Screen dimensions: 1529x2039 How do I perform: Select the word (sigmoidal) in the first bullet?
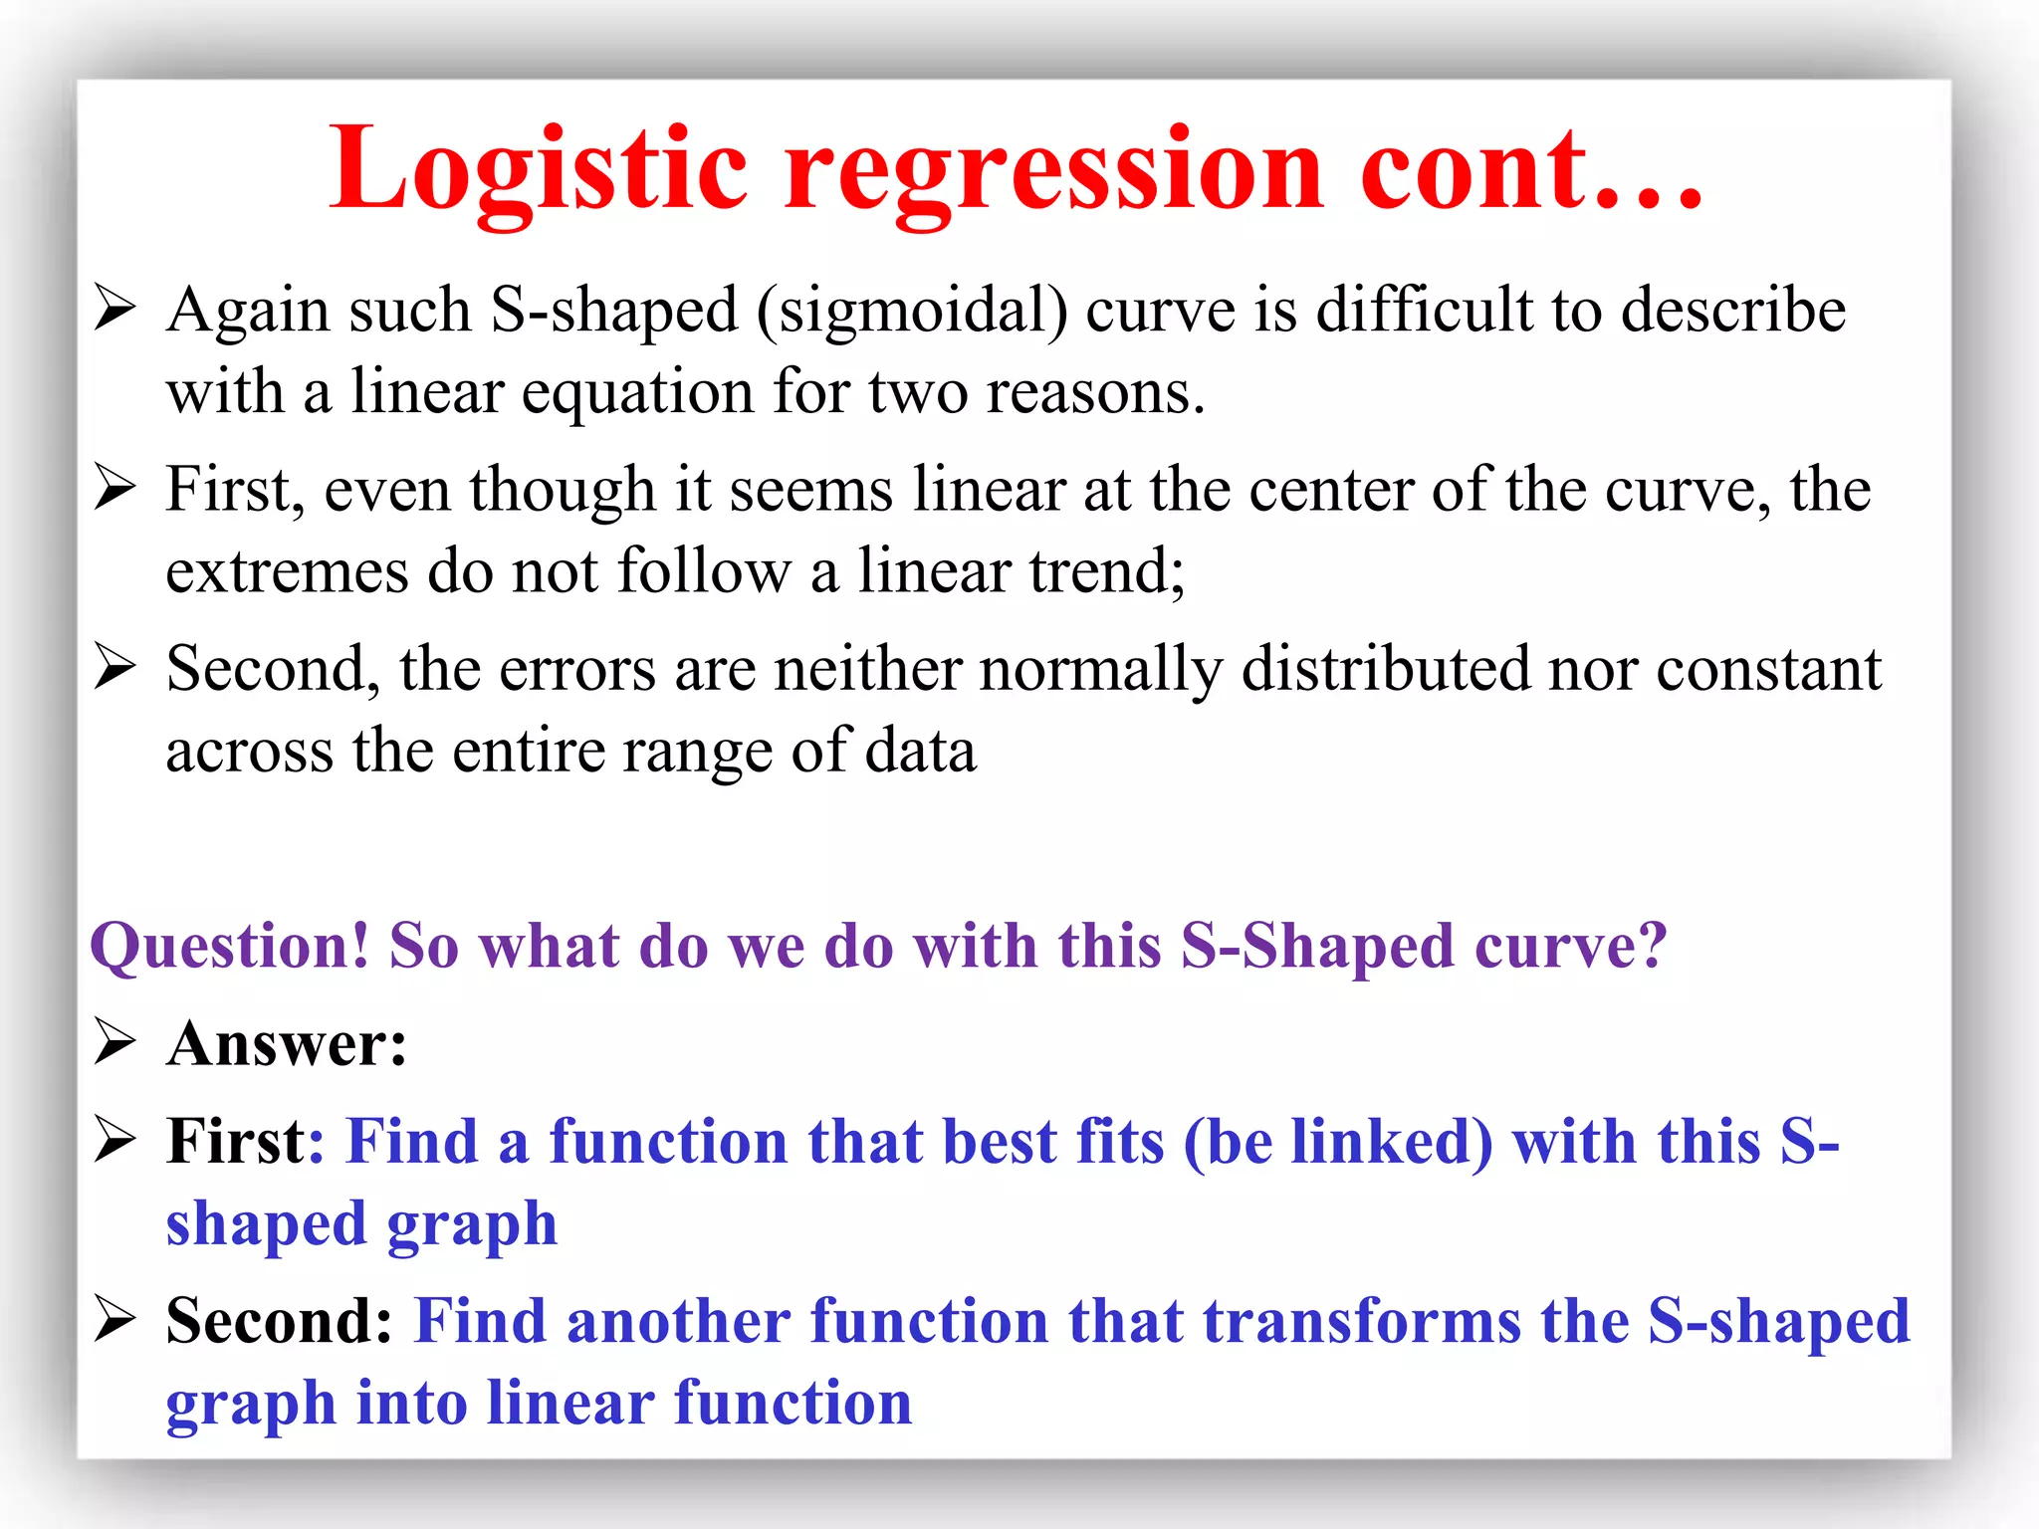tap(912, 311)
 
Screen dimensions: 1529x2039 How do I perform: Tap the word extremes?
tap(287, 572)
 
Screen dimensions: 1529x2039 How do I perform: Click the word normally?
tap(1101, 670)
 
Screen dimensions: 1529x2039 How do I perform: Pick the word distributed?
tap(1386, 668)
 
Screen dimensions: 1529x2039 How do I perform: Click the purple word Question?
tap(230, 947)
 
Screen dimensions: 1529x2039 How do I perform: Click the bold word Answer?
tap(287, 1045)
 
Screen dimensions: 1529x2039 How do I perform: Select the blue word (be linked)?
tap(1338, 1142)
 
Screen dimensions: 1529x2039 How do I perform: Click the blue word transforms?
tap(1362, 1322)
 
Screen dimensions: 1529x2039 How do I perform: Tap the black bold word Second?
tap(280, 1322)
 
